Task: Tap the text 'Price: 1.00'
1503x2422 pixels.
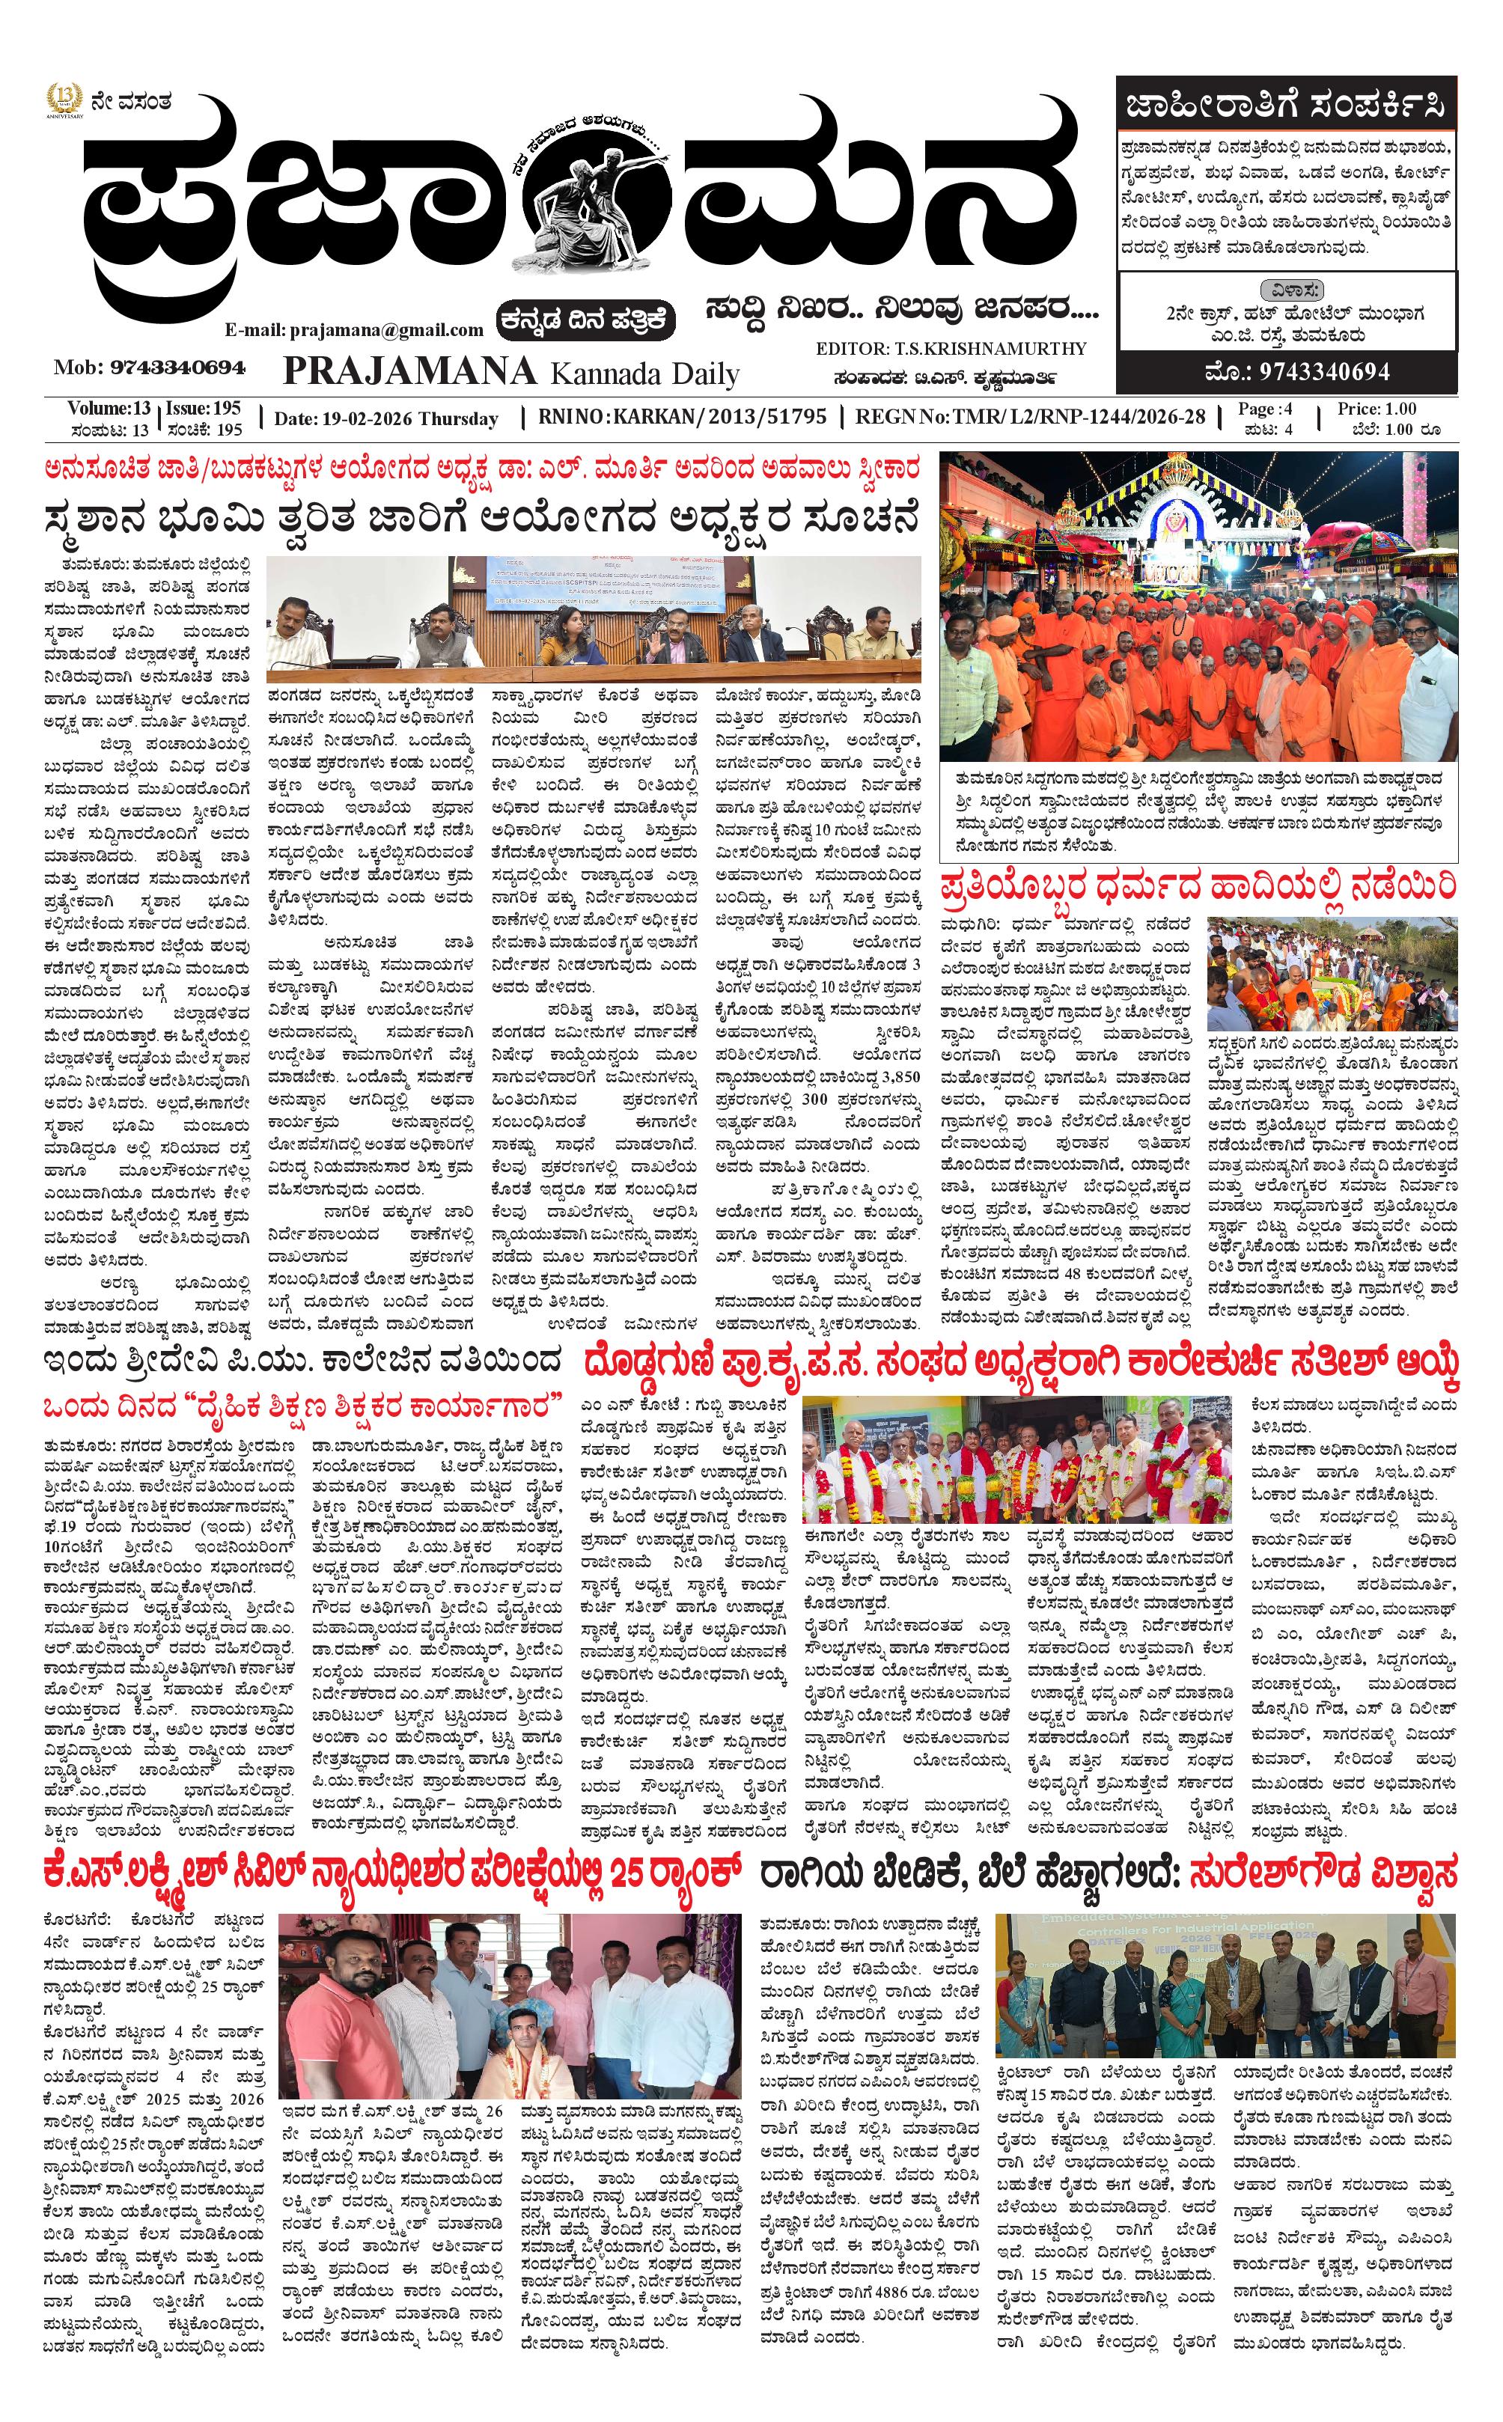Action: (1377, 409)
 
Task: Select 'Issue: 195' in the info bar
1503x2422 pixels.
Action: (203, 409)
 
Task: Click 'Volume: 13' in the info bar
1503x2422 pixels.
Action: (109, 409)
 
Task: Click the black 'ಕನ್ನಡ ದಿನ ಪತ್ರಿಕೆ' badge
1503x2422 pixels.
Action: (588, 320)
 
